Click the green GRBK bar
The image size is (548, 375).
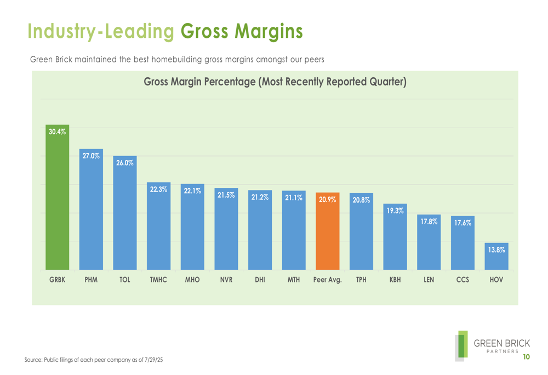57,203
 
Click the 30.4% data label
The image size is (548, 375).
57,131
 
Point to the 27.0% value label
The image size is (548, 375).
91,156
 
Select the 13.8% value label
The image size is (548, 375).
496,250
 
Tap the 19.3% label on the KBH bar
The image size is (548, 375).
395,211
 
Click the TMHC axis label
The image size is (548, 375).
158,280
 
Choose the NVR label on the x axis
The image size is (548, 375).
226,280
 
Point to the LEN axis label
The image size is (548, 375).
429,280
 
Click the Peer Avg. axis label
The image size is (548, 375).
328,280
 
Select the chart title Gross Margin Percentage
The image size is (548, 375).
275,82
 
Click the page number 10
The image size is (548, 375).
526,357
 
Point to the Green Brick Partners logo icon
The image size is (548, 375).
462,345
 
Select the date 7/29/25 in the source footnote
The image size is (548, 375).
155,360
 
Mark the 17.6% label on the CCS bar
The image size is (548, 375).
463,223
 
